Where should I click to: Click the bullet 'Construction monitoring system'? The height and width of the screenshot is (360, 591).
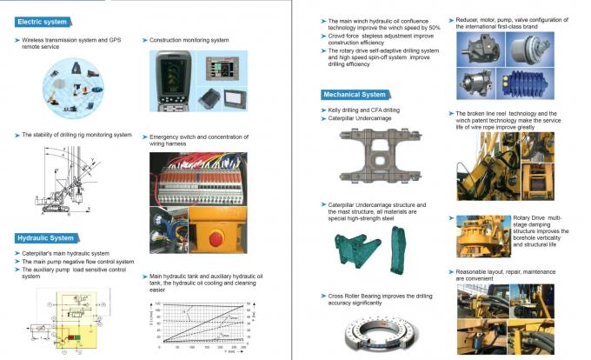click(x=186, y=40)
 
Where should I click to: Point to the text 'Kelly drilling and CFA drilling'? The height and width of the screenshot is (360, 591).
click(x=362, y=110)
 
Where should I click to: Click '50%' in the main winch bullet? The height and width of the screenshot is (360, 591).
click(x=435, y=27)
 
